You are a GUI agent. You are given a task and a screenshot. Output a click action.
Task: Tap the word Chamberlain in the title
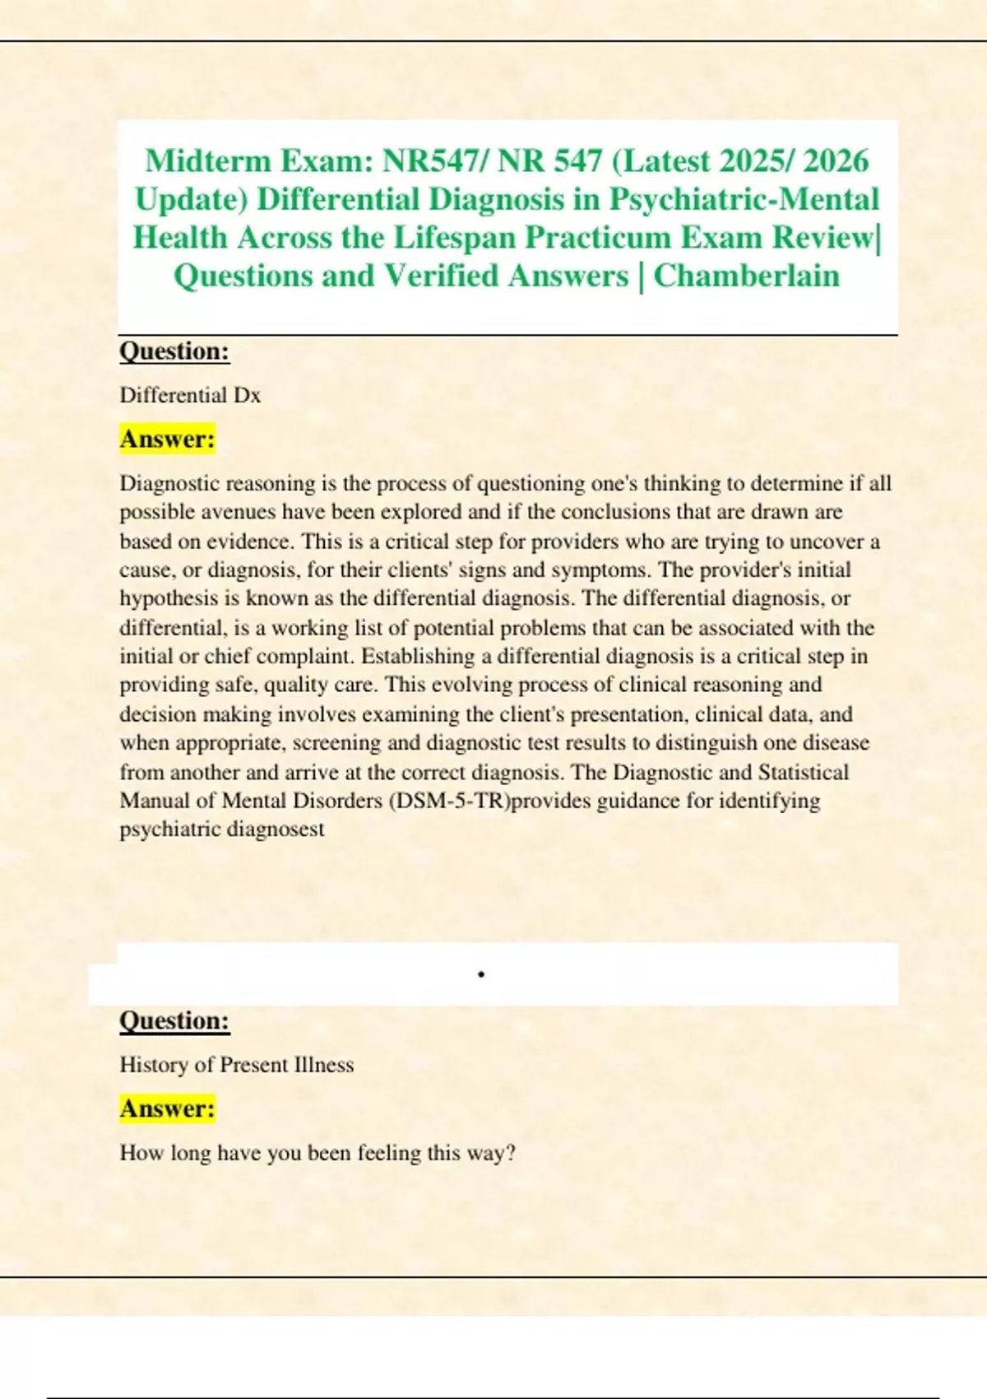tap(747, 276)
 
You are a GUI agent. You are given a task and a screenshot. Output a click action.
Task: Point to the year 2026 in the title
tap(836, 160)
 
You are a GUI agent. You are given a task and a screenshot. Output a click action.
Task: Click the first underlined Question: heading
tap(174, 351)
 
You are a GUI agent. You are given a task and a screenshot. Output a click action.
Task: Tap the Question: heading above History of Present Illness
tap(174, 1020)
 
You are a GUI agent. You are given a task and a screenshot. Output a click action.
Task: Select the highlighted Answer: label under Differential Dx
tap(168, 439)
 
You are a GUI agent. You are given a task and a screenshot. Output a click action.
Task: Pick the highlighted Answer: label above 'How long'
tap(168, 1109)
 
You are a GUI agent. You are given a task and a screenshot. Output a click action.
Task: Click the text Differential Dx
tap(190, 396)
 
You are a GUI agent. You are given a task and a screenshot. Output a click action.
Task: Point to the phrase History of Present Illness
tap(237, 1065)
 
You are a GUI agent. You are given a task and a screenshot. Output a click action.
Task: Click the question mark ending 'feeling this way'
tap(511, 1153)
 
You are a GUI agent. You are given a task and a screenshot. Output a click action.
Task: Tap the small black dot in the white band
tap(481, 975)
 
